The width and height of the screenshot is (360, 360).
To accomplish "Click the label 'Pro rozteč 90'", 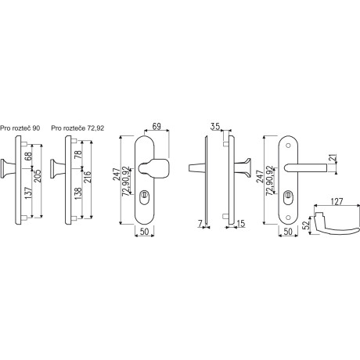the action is point(20,128).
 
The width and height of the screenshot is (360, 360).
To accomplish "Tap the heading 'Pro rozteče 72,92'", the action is point(77,128).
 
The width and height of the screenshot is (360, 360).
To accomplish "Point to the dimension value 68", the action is point(28,156).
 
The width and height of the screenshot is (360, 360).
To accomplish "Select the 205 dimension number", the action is point(37,176).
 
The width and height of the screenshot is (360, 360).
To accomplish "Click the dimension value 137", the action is point(28,193).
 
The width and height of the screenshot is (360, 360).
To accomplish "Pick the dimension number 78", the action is point(78,153).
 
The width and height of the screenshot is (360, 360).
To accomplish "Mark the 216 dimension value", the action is point(87,177).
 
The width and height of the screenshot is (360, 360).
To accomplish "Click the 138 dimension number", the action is point(78,193).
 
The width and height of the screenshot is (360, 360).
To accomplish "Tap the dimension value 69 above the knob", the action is point(157,126).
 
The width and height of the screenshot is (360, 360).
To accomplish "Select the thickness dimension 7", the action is point(200,223).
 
